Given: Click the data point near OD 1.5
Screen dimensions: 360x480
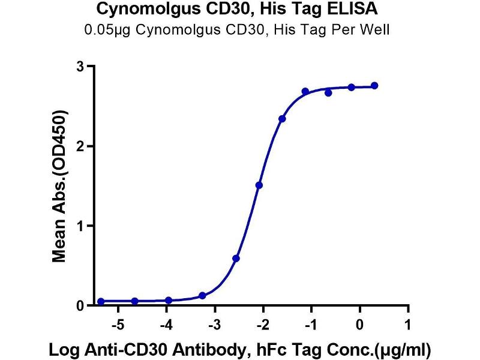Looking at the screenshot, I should pos(259,185).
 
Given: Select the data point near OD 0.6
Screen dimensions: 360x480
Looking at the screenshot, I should pos(236,259).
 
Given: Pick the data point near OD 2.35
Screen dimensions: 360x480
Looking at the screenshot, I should pos(282,119).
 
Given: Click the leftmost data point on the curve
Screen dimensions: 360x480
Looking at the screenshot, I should pos(101,301).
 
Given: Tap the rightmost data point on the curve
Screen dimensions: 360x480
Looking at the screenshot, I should pos(374,86).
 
